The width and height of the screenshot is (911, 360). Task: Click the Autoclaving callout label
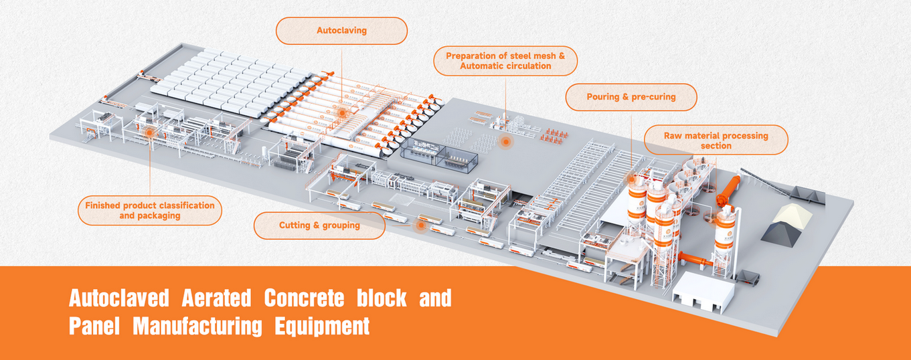pyautogui.click(x=341, y=31)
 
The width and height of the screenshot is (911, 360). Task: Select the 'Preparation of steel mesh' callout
pyautogui.click(x=505, y=61)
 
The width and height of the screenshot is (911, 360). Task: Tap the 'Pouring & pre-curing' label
pyautogui.click(x=631, y=97)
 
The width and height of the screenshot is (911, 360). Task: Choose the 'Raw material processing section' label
pyautogui.click(x=716, y=141)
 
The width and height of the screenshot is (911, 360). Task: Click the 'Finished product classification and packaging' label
pyautogui.click(x=150, y=211)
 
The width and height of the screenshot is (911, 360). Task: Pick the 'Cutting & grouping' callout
pyautogui.click(x=319, y=226)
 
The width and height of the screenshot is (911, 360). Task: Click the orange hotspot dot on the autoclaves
pyautogui.click(x=342, y=114)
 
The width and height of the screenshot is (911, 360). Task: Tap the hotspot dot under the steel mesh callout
pyautogui.click(x=505, y=141)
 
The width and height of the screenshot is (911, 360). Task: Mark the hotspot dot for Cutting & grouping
pyautogui.click(x=420, y=226)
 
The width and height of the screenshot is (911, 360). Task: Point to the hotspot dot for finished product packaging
pyautogui.click(x=150, y=134)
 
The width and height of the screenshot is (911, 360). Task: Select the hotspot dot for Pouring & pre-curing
pyautogui.click(x=631, y=179)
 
